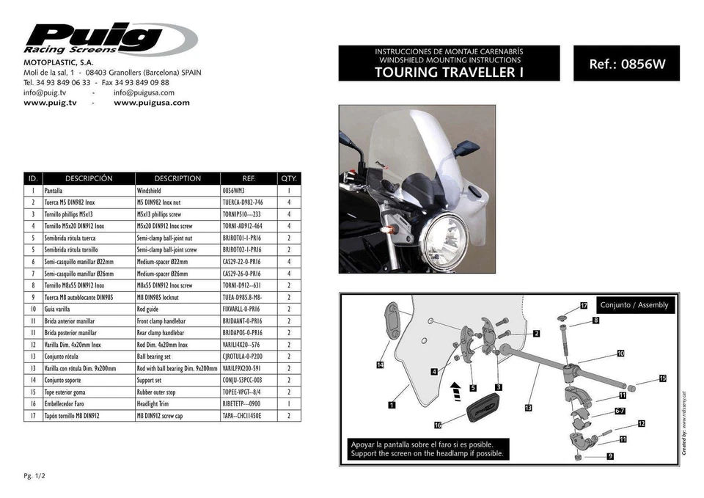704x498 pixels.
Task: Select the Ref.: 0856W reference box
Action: [626, 64]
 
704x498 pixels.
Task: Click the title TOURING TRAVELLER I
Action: [448, 72]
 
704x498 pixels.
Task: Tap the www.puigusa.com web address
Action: [152, 103]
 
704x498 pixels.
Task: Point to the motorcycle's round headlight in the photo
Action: [444, 239]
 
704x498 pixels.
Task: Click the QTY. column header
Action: [288, 178]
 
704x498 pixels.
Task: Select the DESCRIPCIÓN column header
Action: [89, 178]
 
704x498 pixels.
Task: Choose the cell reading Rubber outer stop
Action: [161, 392]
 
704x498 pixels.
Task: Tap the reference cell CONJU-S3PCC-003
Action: [242, 380]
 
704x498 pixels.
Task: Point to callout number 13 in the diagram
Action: [528, 407]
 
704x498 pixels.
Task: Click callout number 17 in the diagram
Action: [584, 304]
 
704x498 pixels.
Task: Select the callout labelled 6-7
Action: [620, 412]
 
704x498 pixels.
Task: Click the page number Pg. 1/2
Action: [34, 475]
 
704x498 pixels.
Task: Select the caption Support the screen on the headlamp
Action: [428, 454]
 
